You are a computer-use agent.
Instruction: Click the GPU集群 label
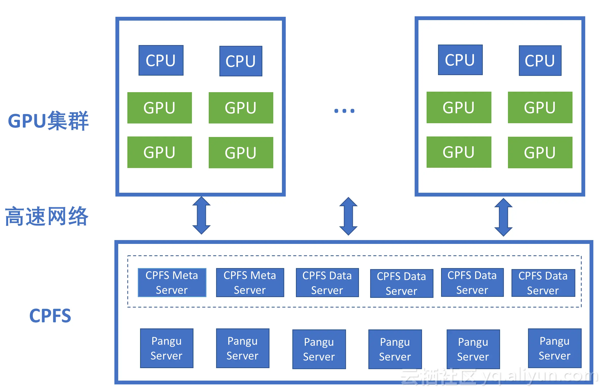tap(48, 121)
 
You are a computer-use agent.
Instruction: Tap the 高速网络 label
tap(47, 216)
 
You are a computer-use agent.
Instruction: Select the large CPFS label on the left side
tap(50, 316)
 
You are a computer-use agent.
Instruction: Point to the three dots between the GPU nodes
tap(344, 111)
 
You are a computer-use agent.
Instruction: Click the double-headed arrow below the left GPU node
tap(201, 215)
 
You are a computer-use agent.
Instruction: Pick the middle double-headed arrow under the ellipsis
tap(348, 216)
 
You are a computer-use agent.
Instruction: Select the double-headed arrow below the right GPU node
tap(503, 217)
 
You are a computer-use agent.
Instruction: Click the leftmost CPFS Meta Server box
tap(172, 283)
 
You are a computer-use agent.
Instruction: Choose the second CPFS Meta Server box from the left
tap(250, 283)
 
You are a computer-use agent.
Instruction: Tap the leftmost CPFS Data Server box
tap(327, 283)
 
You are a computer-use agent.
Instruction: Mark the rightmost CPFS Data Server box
tap(543, 283)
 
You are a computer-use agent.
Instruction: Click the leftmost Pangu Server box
tap(167, 348)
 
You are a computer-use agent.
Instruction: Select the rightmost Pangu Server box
tap(554, 348)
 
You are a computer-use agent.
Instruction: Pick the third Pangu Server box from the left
tap(319, 349)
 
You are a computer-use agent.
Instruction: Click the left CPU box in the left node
tap(161, 60)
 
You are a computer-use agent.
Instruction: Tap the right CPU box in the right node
tap(540, 61)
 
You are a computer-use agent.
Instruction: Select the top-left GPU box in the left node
tap(159, 108)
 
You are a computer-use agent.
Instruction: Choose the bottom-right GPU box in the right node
tap(540, 152)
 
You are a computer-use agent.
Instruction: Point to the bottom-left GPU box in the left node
tap(159, 152)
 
